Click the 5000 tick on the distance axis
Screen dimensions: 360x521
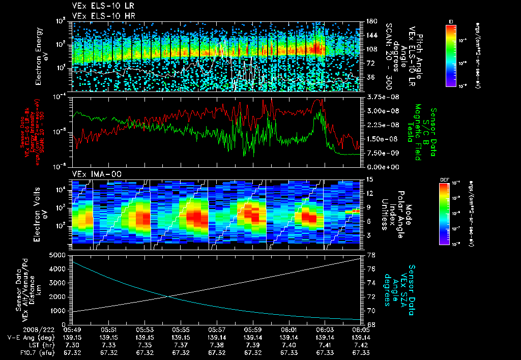[x=61, y=255]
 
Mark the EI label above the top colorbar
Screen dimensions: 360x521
[x=451, y=21]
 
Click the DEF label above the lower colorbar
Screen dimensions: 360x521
[x=444, y=180]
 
